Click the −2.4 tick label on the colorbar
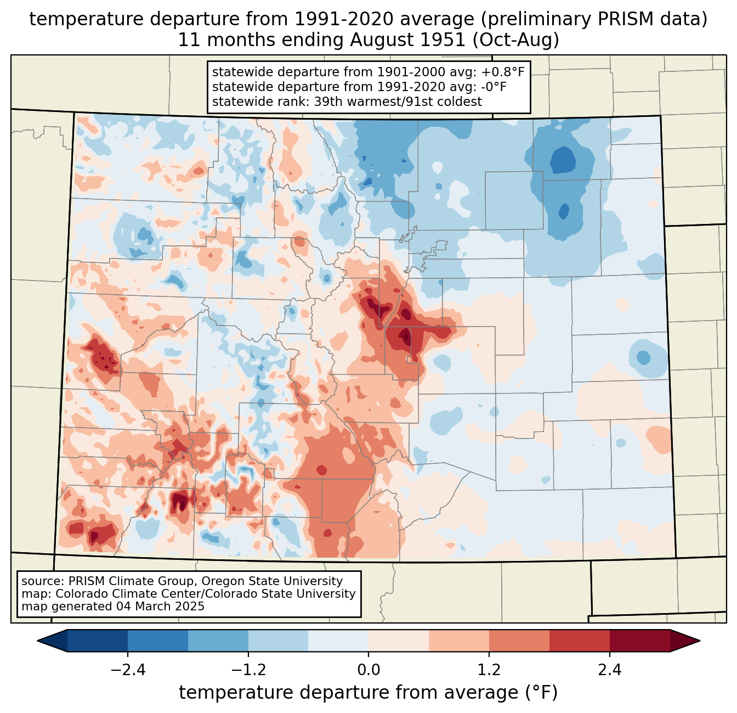(x=128, y=670)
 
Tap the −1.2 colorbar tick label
(x=248, y=670)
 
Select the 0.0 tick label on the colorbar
(x=368, y=670)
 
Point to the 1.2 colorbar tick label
(x=489, y=670)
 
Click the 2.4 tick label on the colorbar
(x=609, y=670)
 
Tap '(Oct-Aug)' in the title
(x=516, y=40)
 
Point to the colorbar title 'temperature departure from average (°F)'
(x=368, y=693)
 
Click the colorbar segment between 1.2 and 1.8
(x=519, y=641)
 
